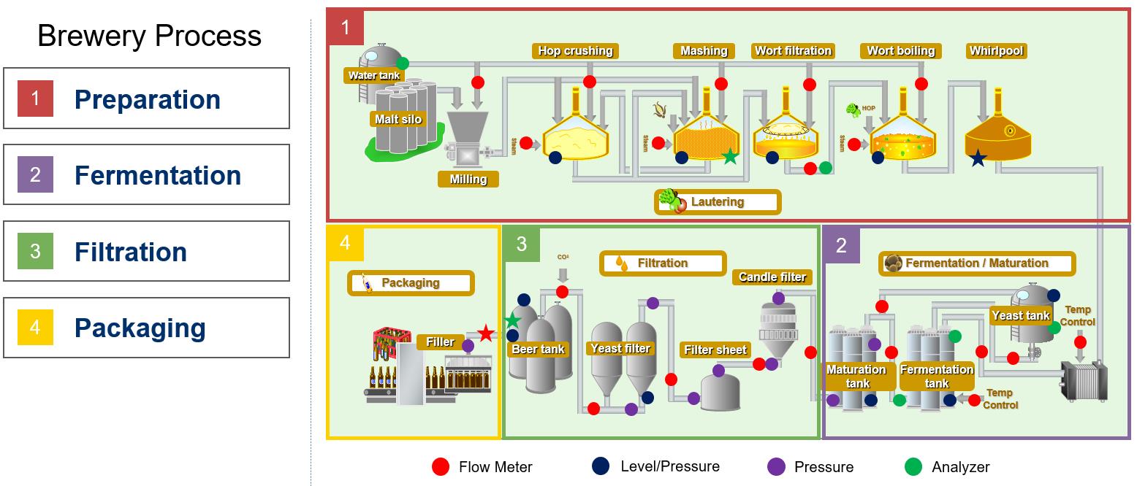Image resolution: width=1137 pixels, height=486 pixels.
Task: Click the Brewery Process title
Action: point(149,36)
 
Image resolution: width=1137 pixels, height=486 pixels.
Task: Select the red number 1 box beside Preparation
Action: point(35,99)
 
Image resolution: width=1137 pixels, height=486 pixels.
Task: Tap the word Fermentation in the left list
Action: point(158,175)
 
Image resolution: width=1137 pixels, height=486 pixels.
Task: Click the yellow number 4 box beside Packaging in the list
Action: point(35,328)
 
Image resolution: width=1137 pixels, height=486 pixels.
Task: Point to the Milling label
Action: point(468,179)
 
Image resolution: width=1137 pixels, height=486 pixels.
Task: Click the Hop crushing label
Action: point(575,50)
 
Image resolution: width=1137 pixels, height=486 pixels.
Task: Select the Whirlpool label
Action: point(996,50)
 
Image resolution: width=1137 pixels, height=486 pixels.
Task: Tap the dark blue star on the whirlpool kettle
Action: point(978,158)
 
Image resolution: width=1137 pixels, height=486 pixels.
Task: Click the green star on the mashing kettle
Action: point(730,155)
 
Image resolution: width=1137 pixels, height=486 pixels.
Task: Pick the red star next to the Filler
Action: point(486,334)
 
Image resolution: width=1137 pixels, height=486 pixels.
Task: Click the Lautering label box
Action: point(718,202)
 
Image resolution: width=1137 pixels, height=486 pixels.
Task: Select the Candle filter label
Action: point(772,277)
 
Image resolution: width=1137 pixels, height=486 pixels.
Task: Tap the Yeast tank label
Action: point(1021,315)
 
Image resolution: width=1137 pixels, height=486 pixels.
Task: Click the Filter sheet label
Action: point(715,350)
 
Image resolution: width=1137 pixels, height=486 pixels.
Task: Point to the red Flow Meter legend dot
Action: point(441,467)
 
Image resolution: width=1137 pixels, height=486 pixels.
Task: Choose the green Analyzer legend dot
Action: point(913,467)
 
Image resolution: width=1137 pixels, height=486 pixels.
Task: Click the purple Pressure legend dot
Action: point(776,467)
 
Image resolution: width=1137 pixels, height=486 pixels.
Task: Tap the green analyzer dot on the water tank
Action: point(402,63)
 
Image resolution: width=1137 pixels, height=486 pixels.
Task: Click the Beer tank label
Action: point(538,349)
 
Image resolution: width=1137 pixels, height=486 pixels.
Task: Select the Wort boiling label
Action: point(900,50)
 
